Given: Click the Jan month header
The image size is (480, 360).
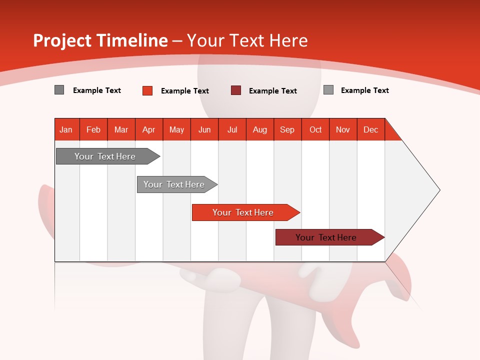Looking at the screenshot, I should [x=66, y=129].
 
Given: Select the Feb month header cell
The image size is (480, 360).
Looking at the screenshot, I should [x=93, y=129].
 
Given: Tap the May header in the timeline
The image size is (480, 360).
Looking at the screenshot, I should [x=176, y=129].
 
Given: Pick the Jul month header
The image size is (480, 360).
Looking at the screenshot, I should [x=232, y=129].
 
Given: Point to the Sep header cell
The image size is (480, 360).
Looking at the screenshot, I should [x=287, y=129].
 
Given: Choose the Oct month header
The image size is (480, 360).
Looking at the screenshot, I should [x=315, y=129].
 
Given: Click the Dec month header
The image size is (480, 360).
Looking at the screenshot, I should [x=370, y=129].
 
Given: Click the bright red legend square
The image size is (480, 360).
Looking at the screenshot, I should [x=147, y=90].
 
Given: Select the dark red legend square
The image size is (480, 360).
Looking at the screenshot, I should [x=236, y=90].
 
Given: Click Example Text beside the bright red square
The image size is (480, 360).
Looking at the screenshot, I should [x=185, y=91].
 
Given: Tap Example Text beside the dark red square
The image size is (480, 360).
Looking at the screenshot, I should [x=273, y=91].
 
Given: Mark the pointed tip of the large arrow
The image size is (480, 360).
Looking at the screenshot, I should [x=438, y=190].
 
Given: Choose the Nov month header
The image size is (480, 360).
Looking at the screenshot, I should [x=343, y=129].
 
